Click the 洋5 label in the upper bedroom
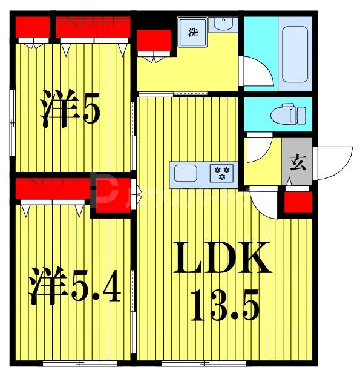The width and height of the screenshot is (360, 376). pos(70,108)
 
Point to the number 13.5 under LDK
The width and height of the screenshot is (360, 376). pos(225,305)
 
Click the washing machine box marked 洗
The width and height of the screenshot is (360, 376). pos(192,33)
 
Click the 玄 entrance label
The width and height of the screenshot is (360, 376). pos(297,162)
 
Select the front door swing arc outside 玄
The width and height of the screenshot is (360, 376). pos(335,162)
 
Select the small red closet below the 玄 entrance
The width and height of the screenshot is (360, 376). pos(298,202)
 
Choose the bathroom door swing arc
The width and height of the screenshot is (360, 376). pos(256,71)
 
